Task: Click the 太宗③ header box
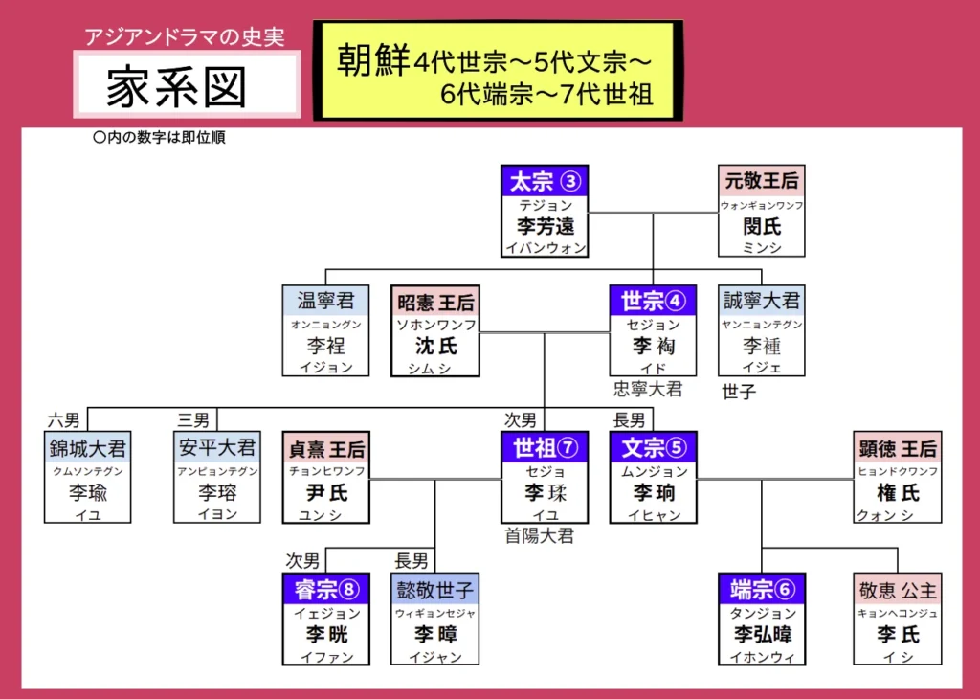coord(544,181)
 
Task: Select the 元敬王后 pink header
coord(762,181)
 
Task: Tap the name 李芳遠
coord(544,227)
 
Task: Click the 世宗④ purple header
coord(653,301)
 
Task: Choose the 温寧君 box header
coord(325,301)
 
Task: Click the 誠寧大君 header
coord(762,301)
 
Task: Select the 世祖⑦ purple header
coord(544,447)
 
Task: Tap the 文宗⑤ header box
coord(653,447)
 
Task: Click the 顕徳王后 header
coord(898,447)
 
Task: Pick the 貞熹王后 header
coord(325,447)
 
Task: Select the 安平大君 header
coord(216,447)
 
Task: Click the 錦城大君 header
coord(87,447)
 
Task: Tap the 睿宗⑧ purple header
coord(325,588)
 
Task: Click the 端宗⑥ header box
coord(762,588)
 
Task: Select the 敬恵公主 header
coord(898,588)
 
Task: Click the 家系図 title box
coord(187,85)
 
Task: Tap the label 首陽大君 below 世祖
coord(540,536)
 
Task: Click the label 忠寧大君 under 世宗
coord(649,389)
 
